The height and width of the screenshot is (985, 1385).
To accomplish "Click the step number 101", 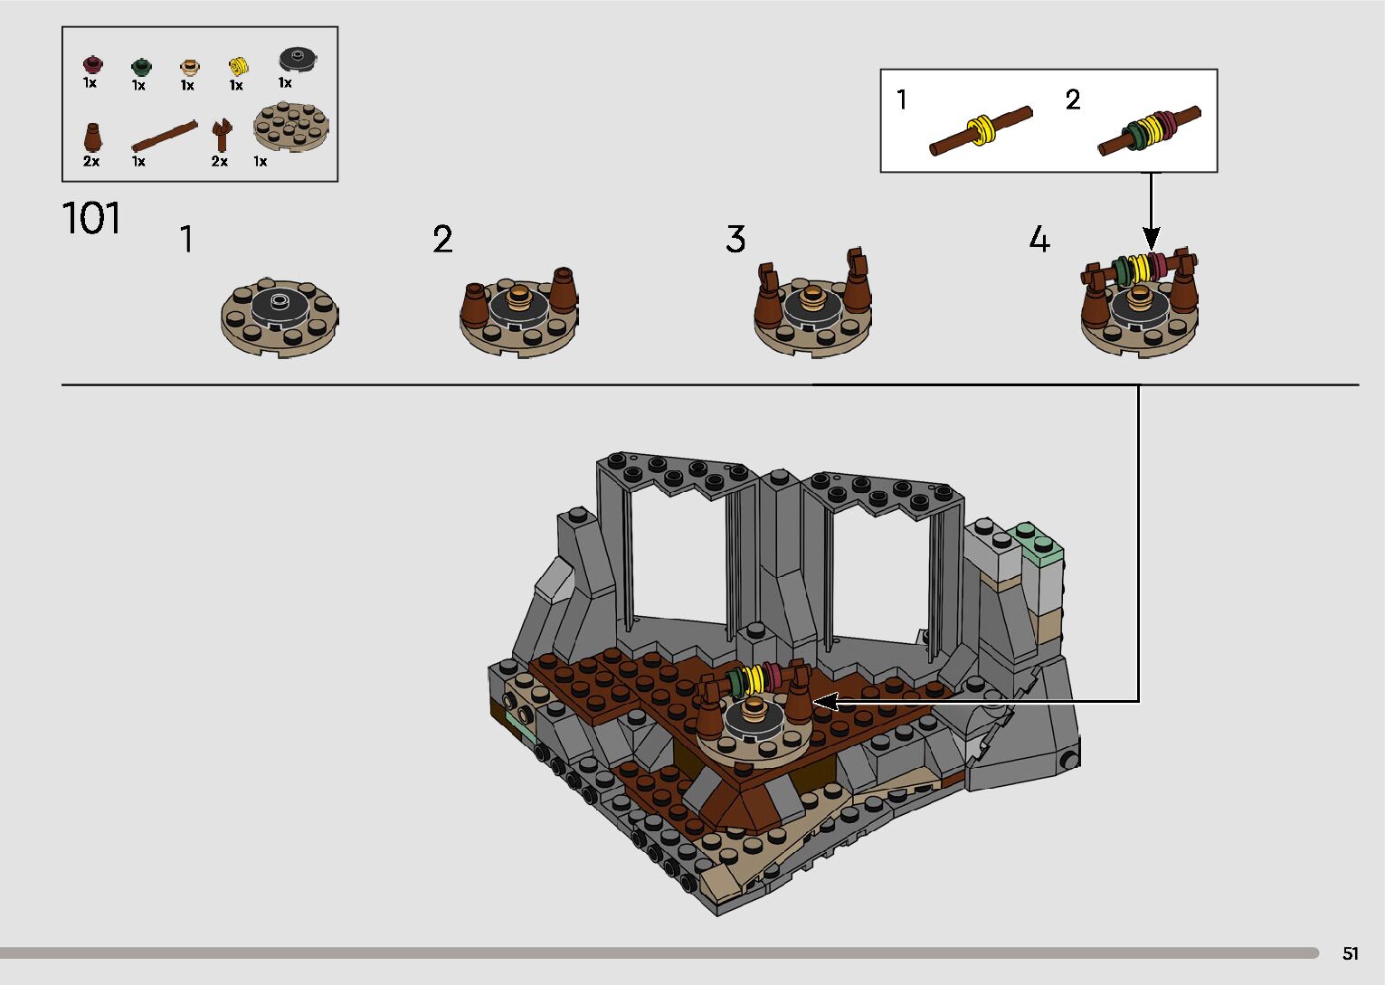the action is click(91, 218).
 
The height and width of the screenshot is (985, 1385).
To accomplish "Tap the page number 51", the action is click(1350, 953).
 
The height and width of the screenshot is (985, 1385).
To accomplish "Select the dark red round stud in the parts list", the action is click(90, 64).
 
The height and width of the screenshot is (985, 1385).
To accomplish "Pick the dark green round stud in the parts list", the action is click(140, 66).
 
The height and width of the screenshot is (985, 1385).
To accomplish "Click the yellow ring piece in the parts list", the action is click(238, 65).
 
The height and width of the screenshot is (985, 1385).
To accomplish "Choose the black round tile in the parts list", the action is click(297, 60).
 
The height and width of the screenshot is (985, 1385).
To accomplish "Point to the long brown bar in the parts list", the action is click(164, 136).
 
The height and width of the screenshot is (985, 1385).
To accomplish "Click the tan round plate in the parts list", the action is click(290, 126).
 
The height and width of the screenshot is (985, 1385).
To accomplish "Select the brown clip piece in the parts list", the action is click(221, 135).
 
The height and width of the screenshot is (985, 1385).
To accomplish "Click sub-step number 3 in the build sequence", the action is click(735, 240).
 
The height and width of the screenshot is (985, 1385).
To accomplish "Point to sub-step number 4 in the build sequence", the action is click(1039, 240).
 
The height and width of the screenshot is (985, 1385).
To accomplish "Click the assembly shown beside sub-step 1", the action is click(280, 316).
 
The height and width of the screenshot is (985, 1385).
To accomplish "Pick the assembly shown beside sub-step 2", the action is click(519, 312).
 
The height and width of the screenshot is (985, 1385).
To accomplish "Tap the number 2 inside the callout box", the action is click(1073, 99).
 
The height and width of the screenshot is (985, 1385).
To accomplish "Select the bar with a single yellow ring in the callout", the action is click(981, 131).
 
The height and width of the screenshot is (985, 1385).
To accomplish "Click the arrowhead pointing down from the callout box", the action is click(1151, 240).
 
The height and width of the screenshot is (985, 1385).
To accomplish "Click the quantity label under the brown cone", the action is click(91, 161).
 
